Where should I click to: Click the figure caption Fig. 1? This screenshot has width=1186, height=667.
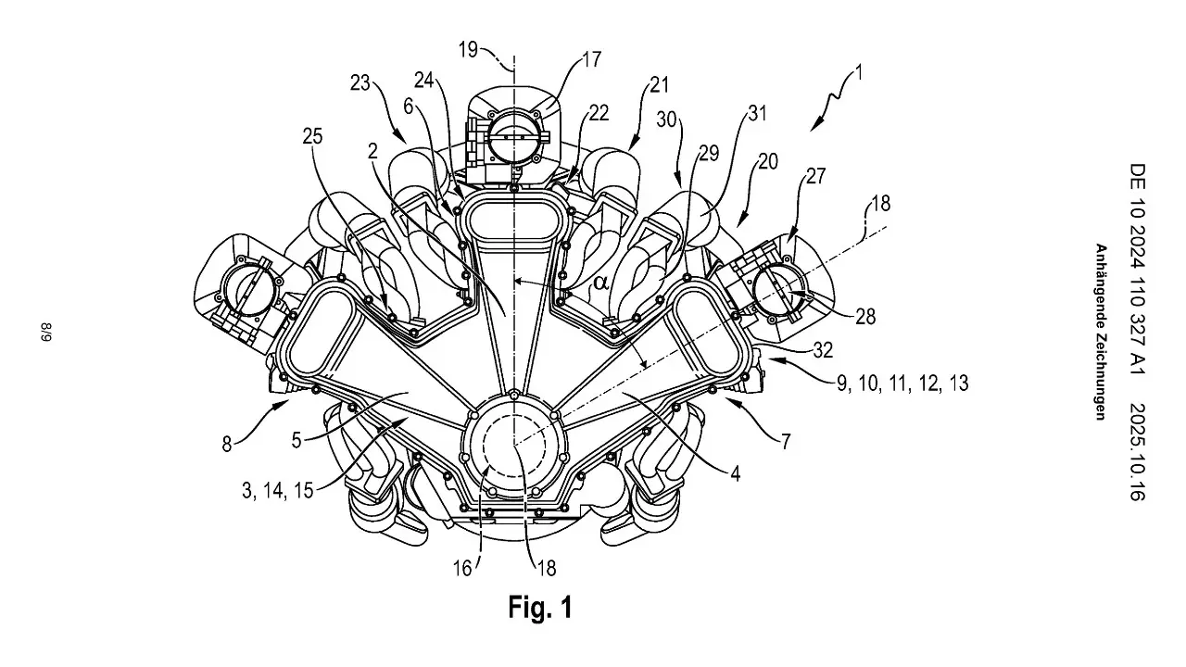click(x=540, y=608)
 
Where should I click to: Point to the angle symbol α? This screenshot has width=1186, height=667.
click(x=600, y=281)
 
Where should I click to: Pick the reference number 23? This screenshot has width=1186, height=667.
click(x=361, y=82)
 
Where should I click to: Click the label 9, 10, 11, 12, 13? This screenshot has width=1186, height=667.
click(x=902, y=382)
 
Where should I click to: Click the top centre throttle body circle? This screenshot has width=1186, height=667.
click(x=511, y=133)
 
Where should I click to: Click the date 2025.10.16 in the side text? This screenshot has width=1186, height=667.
click(x=1138, y=452)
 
